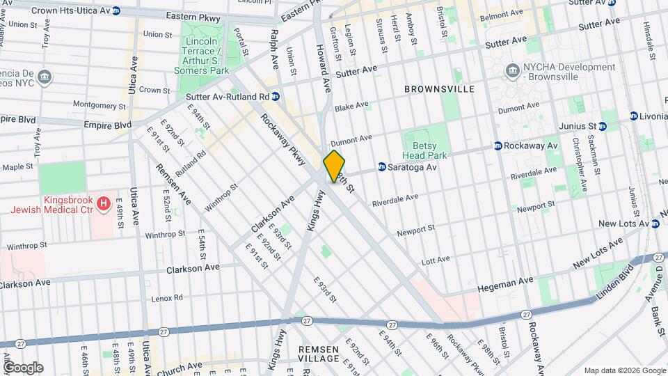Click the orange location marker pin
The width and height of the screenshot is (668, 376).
point(334,166)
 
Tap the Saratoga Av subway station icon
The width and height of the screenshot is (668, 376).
point(382,167)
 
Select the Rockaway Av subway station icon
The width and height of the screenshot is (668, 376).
point(498,146)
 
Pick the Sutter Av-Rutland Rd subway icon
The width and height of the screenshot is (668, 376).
point(276,97)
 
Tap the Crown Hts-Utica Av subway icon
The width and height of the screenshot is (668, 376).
point(116,11)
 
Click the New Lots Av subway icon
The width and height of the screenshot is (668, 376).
point(655,224)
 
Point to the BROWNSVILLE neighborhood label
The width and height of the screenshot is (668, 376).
point(440,89)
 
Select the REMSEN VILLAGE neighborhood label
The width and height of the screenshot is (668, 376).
point(319,353)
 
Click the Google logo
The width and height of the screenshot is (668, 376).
point(23,367)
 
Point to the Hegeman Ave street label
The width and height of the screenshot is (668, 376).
point(506,284)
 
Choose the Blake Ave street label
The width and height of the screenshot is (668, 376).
point(351,107)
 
